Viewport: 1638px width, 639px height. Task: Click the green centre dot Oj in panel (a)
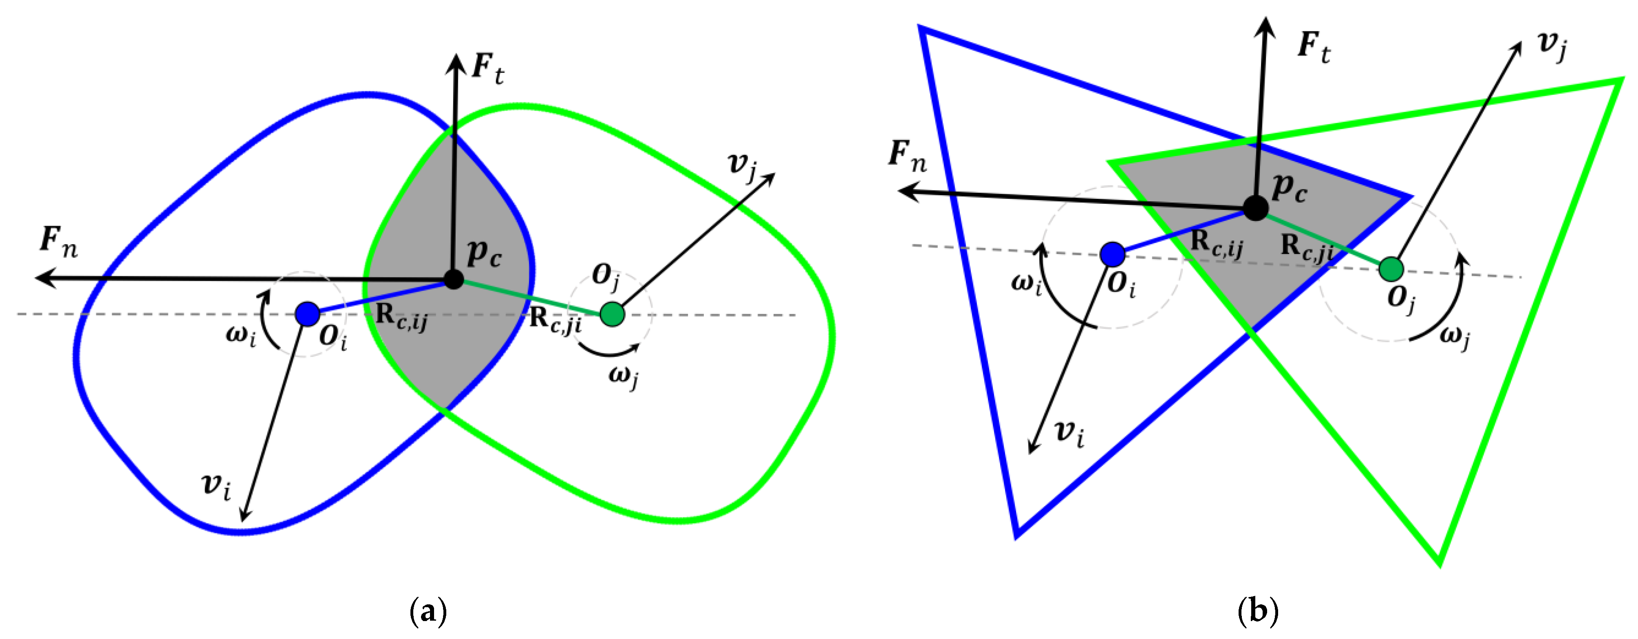(x=612, y=314)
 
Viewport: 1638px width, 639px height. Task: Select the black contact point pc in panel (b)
(x=1255, y=207)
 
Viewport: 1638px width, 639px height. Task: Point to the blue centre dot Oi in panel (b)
(x=1112, y=254)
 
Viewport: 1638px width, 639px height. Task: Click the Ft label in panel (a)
(x=488, y=69)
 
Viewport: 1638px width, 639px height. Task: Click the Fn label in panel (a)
(x=59, y=242)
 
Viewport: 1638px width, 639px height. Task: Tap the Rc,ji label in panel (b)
(x=1307, y=248)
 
